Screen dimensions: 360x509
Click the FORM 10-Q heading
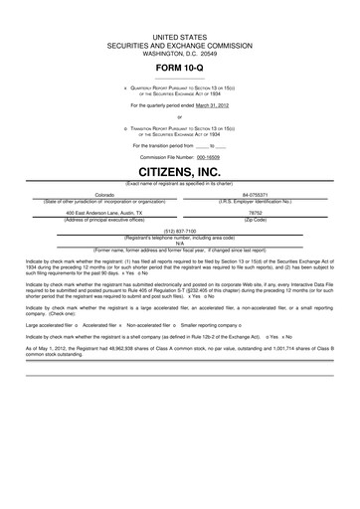tap(180, 66)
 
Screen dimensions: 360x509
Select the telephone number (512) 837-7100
tap(180, 231)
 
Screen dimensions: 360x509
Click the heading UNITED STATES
tap(180, 36)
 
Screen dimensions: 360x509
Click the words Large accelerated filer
tap(48, 323)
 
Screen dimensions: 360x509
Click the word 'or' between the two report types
tap(180, 116)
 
